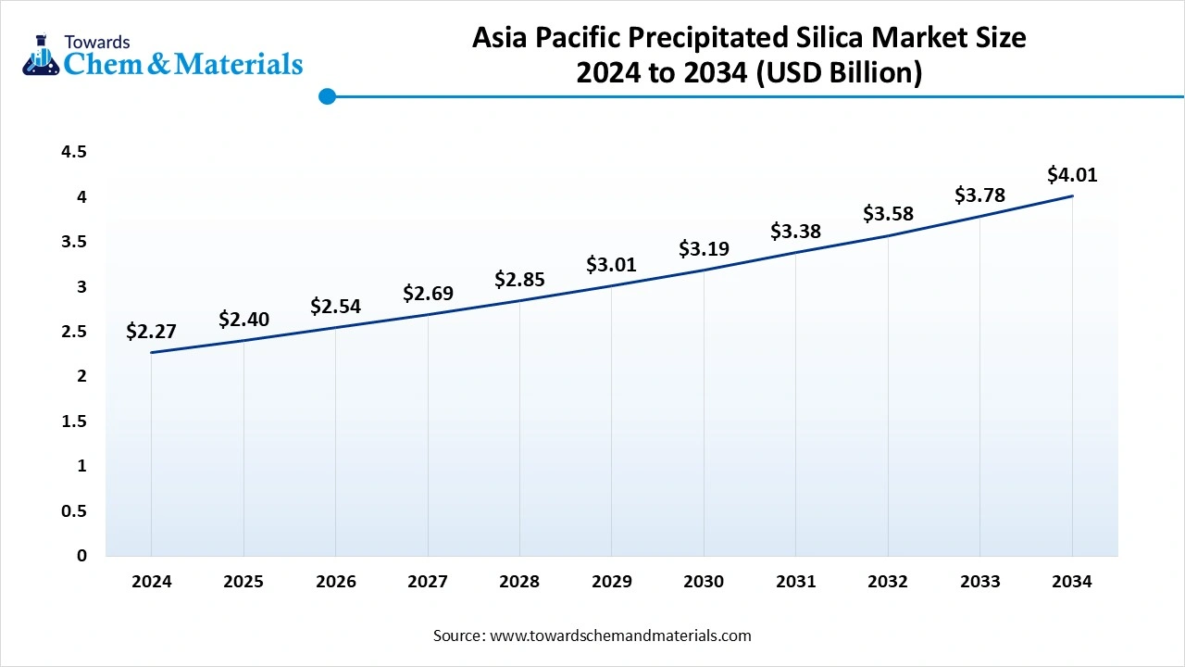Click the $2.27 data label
click(x=151, y=332)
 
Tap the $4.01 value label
click(x=1072, y=174)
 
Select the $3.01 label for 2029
click(x=611, y=265)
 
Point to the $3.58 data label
click(x=888, y=213)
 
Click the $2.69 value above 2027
click(x=428, y=294)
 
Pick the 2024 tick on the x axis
click(x=151, y=582)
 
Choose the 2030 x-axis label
click(x=704, y=582)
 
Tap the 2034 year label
click(x=1072, y=582)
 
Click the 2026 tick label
click(x=335, y=582)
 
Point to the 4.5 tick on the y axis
click(x=74, y=152)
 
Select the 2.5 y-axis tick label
click(x=74, y=332)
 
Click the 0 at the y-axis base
click(x=81, y=556)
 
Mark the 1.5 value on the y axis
click(x=74, y=422)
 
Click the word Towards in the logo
click(x=97, y=42)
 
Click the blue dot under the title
click(x=327, y=96)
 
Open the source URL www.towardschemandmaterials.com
click(x=619, y=636)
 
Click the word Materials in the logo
click(x=239, y=64)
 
